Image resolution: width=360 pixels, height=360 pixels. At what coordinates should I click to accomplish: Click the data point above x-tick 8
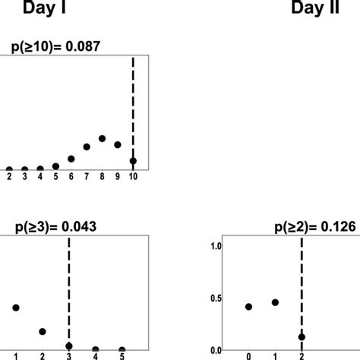(103, 138)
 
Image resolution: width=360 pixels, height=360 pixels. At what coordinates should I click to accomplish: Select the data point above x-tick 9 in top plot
(118, 144)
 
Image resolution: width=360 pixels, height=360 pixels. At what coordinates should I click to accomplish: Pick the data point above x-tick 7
(87, 146)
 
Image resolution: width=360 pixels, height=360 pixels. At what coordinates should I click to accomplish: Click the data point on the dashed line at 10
(134, 161)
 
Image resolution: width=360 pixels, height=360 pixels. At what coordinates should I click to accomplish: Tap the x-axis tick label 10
(134, 177)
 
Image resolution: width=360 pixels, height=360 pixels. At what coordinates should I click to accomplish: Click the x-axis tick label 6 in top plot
(71, 177)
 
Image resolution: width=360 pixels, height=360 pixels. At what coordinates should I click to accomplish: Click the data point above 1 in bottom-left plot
(16, 308)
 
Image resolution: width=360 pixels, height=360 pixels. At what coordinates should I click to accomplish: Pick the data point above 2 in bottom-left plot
(43, 331)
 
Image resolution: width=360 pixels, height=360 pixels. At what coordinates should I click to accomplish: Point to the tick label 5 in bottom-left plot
(122, 355)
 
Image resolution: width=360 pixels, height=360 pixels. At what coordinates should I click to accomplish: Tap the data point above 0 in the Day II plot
(249, 307)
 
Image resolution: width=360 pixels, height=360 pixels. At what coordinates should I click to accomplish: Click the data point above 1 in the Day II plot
(275, 302)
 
